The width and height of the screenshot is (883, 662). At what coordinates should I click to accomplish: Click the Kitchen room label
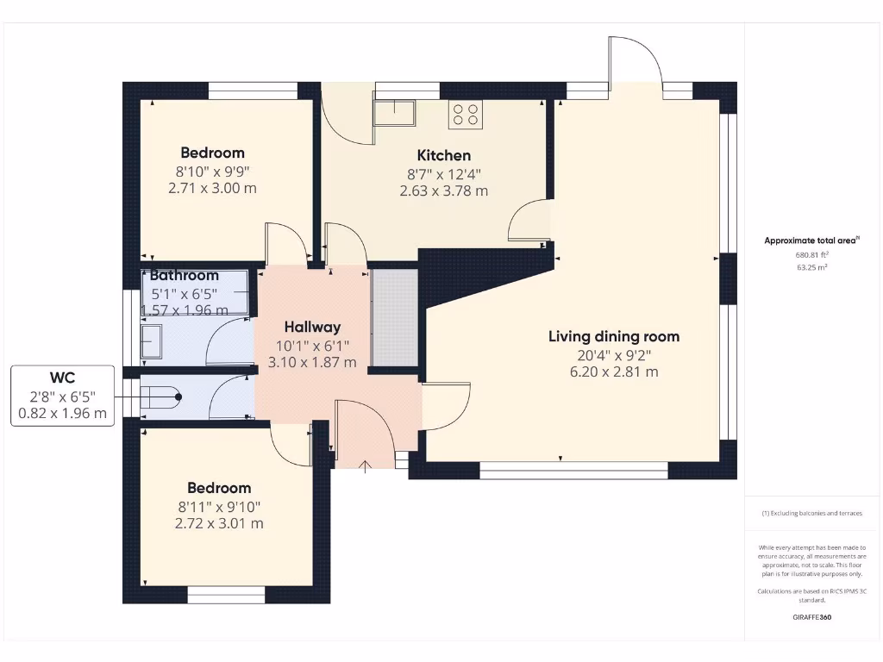443,155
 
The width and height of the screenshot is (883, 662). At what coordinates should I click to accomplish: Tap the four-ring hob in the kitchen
466,114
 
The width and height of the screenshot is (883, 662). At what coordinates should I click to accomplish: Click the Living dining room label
614,336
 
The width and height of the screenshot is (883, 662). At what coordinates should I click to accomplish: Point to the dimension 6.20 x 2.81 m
614,372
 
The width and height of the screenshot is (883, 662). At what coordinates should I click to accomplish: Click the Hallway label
312,327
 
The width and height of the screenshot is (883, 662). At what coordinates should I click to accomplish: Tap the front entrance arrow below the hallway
365,466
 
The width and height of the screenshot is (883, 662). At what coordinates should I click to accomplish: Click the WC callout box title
62,378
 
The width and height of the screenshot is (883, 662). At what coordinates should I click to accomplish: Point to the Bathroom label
185,276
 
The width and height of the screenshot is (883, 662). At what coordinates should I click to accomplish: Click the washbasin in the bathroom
152,341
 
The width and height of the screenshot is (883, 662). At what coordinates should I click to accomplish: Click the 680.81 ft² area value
811,254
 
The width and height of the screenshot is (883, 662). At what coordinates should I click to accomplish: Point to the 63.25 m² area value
811,267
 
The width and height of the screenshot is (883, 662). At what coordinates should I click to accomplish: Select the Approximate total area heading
810,240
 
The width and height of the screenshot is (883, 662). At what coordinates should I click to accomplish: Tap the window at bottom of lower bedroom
226,592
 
